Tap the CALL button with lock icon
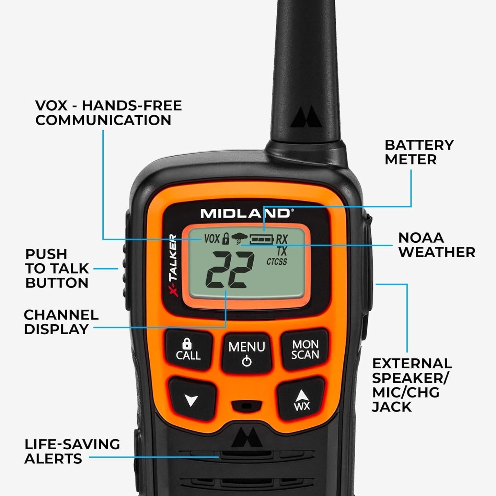[x=188, y=350]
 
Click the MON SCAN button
[x=305, y=349]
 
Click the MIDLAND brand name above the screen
[x=245, y=214]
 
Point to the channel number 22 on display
[x=229, y=270]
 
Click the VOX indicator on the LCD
[x=211, y=238]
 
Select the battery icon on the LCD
[x=262, y=238]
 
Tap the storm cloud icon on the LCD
[x=239, y=238]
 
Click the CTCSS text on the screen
[x=277, y=262]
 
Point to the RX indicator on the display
[x=282, y=239]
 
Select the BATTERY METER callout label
[x=419, y=152]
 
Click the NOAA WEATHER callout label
[x=436, y=245]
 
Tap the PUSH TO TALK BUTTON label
[x=57, y=268]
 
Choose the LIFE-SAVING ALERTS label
[x=72, y=451]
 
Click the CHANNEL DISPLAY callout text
[x=61, y=322]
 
